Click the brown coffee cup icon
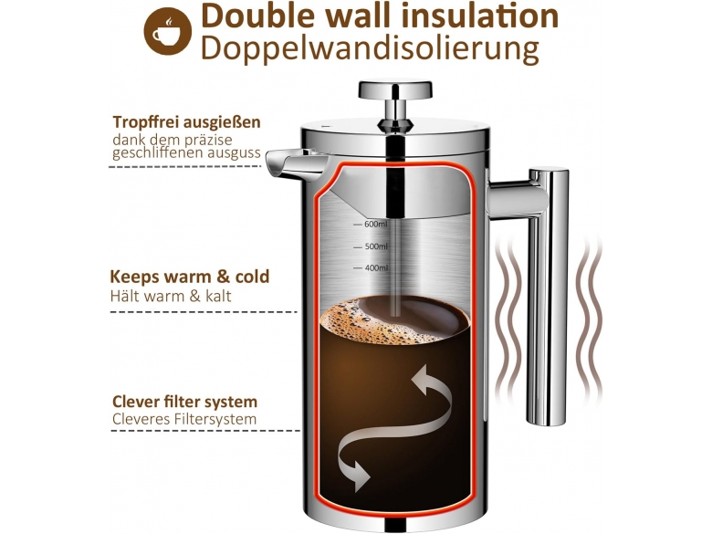point(168,31)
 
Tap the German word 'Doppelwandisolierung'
point(370,48)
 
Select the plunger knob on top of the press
point(395,89)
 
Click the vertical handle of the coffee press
point(548,296)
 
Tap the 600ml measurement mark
point(371,225)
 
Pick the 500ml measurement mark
point(371,246)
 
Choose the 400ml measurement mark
point(371,268)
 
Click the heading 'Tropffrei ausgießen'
point(186,122)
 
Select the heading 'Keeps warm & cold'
point(190,277)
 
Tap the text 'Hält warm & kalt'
point(171,296)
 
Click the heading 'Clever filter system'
point(184,402)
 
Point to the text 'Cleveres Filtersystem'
point(184,419)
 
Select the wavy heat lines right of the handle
point(591,318)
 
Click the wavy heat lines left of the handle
point(508,318)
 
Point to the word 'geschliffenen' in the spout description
point(159,153)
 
